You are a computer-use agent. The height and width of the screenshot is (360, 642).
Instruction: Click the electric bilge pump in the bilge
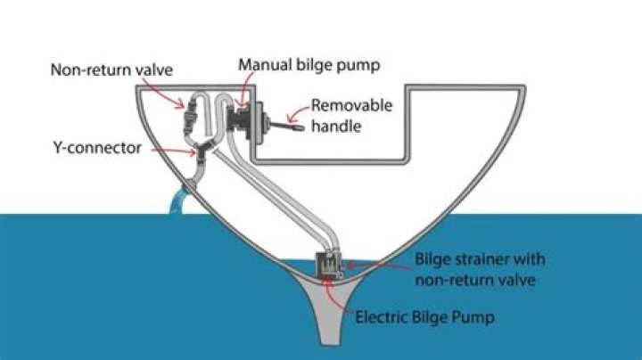(331, 265)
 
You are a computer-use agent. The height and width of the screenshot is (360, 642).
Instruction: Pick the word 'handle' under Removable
(338, 127)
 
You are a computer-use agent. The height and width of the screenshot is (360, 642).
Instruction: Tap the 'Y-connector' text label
(97, 148)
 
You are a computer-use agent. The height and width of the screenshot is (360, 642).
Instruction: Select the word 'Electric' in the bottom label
(383, 316)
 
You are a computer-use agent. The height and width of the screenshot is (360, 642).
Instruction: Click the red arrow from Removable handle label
(299, 112)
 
